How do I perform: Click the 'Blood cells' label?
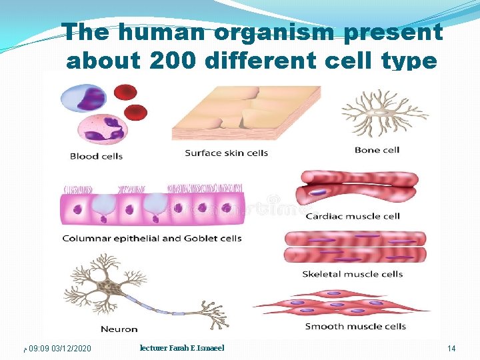pos(96,157)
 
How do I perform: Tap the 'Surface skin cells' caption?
pos(226,153)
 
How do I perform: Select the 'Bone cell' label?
pos(377,150)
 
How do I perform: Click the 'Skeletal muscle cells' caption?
pos(352,274)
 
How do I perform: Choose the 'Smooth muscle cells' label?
pos(355,326)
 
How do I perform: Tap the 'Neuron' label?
pos(119,329)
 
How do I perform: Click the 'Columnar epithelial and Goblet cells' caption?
pos(152,238)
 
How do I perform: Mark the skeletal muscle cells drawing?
pos(355,246)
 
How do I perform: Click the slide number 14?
pos(451,349)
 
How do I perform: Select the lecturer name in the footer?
pos(182,348)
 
